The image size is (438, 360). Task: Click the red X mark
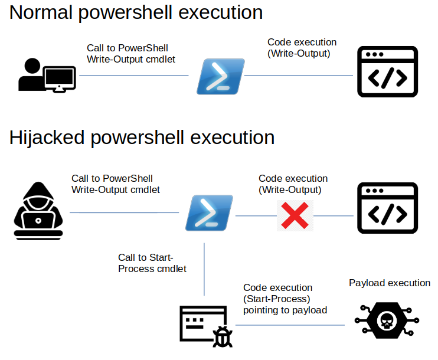(295, 215)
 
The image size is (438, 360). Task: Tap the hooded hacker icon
(38, 211)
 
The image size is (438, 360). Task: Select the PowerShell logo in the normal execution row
(221, 77)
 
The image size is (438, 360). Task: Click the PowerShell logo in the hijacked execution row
(209, 213)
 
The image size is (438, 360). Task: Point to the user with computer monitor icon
(47, 75)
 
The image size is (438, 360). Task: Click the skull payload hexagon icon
(387, 320)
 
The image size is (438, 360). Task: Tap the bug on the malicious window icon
(223, 337)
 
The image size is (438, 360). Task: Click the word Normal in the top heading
(41, 12)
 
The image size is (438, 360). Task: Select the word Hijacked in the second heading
(47, 138)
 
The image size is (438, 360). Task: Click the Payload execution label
(390, 283)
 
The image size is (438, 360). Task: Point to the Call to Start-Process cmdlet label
(152, 263)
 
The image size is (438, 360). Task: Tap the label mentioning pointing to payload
(285, 299)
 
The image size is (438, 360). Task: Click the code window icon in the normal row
(387, 72)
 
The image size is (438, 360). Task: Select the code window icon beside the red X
(387, 208)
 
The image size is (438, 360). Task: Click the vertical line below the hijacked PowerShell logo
(204, 269)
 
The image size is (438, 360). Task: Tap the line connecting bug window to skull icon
(290, 325)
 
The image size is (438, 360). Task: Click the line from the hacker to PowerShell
(125, 213)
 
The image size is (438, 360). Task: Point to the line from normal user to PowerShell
(134, 75)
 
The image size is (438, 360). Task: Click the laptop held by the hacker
(38, 221)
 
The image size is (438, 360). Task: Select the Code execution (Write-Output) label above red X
(293, 184)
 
